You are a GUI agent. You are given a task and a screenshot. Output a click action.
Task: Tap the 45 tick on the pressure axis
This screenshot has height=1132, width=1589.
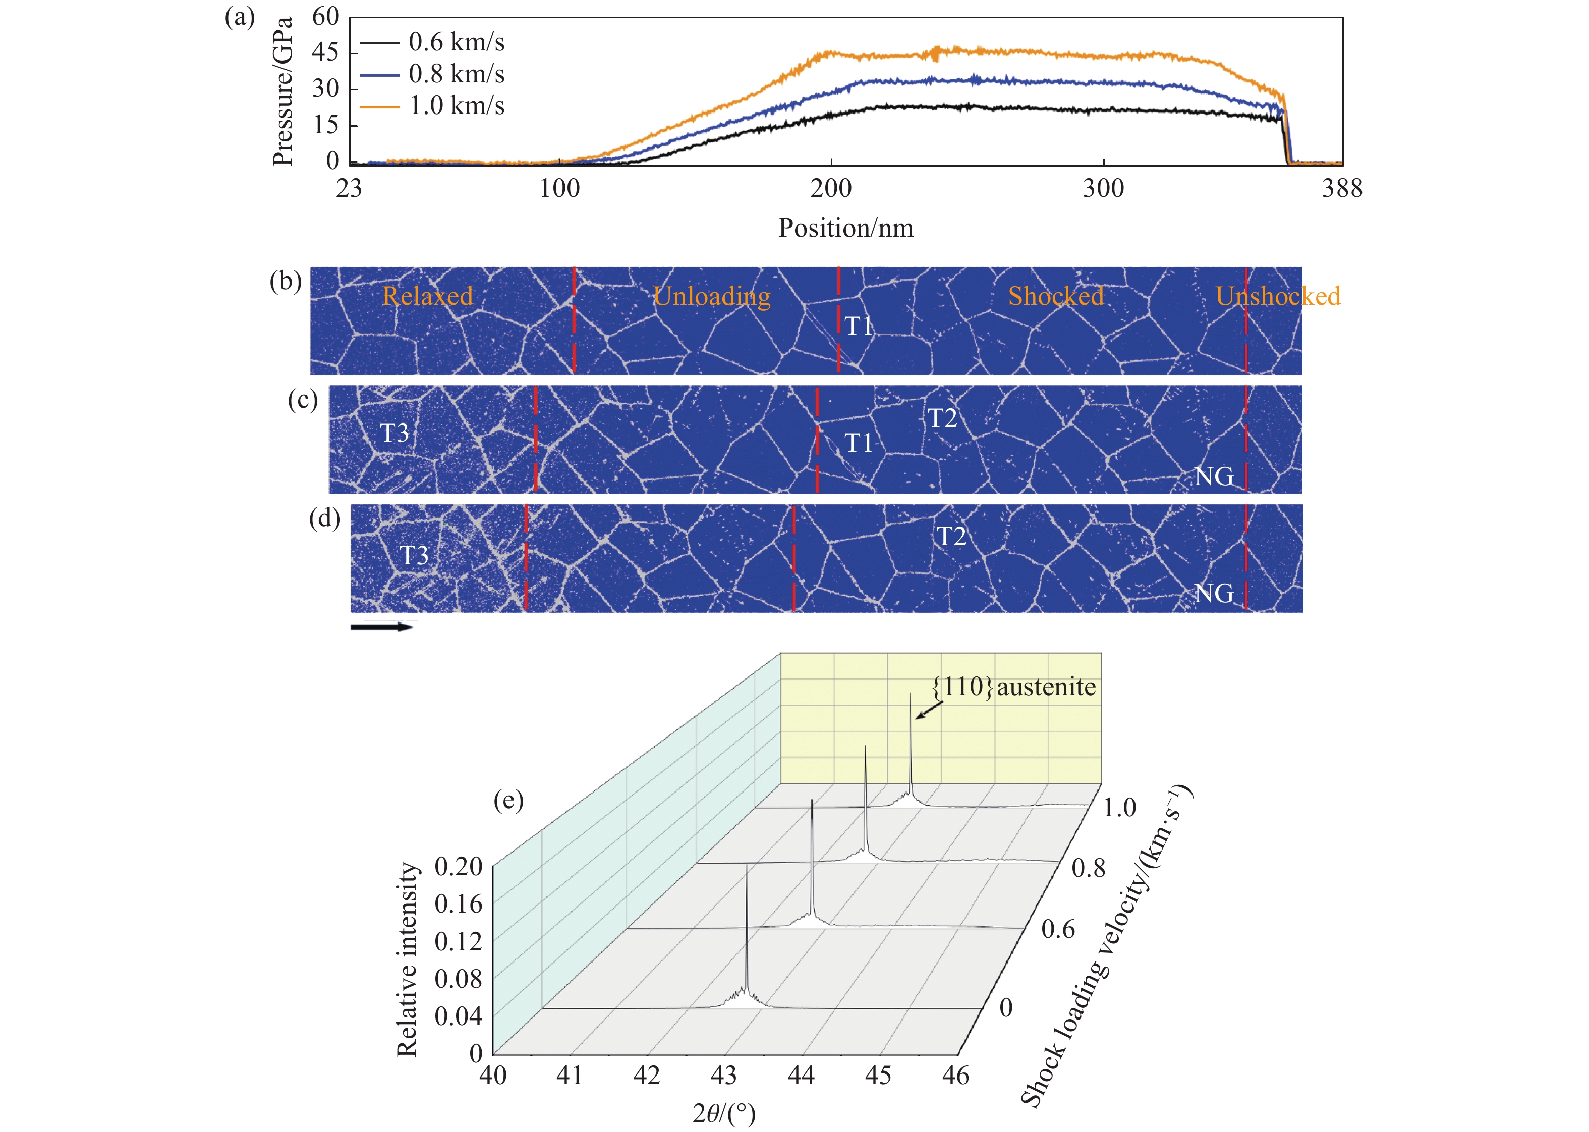tap(325, 52)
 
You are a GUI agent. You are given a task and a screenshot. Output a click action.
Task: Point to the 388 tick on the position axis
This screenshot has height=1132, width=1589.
tap(1342, 188)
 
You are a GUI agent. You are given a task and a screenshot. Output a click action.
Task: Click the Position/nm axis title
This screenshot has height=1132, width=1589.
tap(845, 228)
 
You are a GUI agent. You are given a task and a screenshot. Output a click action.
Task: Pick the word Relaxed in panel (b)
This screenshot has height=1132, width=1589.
tap(427, 296)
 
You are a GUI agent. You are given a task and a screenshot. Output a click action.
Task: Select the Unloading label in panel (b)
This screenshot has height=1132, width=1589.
tap(712, 296)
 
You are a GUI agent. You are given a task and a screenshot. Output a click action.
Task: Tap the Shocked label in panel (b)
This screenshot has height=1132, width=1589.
tap(1056, 296)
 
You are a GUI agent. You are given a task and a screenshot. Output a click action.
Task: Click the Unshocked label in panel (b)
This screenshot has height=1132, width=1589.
tap(1277, 296)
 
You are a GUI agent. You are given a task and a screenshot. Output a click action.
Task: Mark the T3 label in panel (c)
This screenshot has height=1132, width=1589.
tap(394, 433)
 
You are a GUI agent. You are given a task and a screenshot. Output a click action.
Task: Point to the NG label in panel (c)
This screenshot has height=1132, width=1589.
tap(1213, 477)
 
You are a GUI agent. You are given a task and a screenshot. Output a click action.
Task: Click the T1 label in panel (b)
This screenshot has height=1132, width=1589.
tap(859, 325)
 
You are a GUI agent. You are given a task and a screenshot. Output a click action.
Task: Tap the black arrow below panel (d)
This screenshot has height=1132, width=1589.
tap(381, 627)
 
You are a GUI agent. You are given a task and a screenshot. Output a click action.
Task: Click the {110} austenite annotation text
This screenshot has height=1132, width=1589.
tap(1014, 687)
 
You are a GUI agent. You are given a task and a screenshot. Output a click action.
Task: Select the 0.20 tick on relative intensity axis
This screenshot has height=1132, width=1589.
tap(459, 867)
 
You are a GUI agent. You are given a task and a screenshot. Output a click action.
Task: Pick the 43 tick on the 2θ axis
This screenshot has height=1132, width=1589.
tap(723, 1076)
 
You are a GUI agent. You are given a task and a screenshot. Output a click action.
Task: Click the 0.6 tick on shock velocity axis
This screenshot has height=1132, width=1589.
tap(1058, 929)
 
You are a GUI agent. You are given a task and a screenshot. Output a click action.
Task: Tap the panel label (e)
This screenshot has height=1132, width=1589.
tap(508, 800)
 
